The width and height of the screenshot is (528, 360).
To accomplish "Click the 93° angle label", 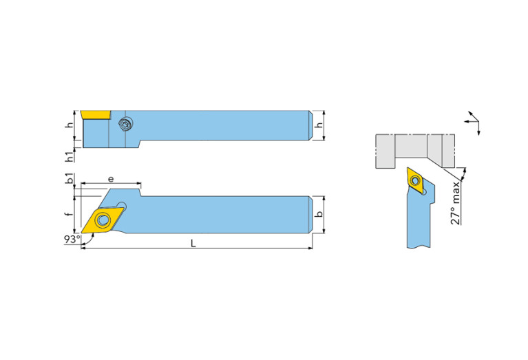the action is tap(72, 239).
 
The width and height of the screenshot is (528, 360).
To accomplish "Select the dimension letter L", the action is tap(193, 243).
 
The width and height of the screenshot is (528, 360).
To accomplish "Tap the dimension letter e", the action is tap(111, 179).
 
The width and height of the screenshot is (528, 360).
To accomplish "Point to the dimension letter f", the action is tap(70, 214).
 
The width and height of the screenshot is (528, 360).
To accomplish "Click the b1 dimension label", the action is tap(70, 178).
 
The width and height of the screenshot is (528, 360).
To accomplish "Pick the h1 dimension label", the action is tap(70, 157).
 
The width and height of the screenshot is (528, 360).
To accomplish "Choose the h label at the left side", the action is tap(70, 125).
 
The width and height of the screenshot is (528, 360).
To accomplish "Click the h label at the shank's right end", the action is tap(319, 125).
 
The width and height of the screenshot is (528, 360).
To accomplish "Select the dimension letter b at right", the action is tap(319, 214).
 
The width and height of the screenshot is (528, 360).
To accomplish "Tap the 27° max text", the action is tap(456, 203).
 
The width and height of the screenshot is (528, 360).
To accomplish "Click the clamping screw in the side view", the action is tap(125, 124).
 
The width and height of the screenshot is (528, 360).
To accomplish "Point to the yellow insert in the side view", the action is tap(96, 114).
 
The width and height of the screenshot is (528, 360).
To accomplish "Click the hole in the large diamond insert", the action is tap(103, 220).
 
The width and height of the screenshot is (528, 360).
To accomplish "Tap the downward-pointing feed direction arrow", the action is tap(478, 128).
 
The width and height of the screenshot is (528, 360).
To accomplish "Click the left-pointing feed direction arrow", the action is tap(471, 121).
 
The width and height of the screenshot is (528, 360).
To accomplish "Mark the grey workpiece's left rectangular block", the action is tap(386, 151).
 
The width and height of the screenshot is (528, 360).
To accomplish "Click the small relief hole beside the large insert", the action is tap(122, 205).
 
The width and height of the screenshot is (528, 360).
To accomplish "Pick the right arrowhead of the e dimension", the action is tap(138, 184).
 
